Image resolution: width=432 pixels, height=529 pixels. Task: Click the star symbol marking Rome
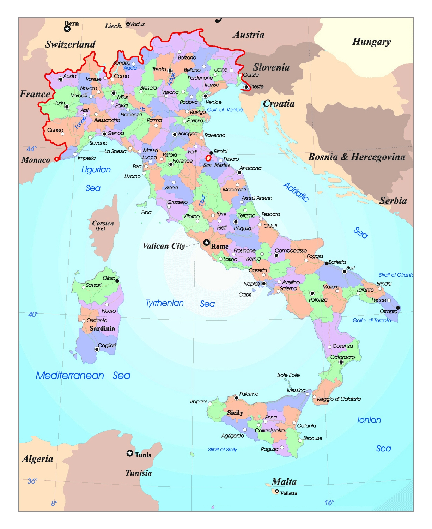pyautogui.click(x=206, y=243)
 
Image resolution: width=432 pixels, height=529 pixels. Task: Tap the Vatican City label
pyautogui.click(x=164, y=246)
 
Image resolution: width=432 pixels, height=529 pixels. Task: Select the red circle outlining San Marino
pyautogui.click(x=208, y=158)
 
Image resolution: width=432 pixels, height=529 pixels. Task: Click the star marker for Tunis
pyautogui.click(x=130, y=454)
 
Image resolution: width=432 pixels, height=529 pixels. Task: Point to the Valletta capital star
pyautogui.click(x=277, y=491)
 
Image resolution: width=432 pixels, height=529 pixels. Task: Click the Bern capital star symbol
pyautogui.click(x=67, y=29)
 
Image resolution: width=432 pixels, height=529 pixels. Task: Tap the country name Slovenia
pyautogui.click(x=271, y=67)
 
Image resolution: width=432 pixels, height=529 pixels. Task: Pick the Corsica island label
pyautogui.click(x=103, y=224)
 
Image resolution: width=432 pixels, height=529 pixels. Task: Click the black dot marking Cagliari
pyautogui.click(x=97, y=349)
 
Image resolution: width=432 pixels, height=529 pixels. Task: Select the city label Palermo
pyautogui.click(x=249, y=394)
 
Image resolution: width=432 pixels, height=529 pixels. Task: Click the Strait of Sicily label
pyautogui.click(x=223, y=450)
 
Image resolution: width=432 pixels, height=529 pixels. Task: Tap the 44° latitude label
pyautogui.click(x=32, y=149)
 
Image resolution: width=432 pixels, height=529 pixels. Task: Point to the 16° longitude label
pyautogui.click(x=329, y=503)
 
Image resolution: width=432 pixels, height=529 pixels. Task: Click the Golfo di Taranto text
pyautogui.click(x=372, y=321)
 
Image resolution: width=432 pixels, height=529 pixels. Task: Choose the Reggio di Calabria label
pyautogui.click(x=339, y=399)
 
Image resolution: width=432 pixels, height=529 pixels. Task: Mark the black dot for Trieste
pyautogui.click(x=246, y=87)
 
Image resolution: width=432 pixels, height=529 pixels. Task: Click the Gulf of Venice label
pyautogui.click(x=225, y=110)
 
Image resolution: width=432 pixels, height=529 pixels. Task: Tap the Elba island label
pyautogui.click(x=146, y=212)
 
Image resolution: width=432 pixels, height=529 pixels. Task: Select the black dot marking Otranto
pyautogui.click(x=398, y=308)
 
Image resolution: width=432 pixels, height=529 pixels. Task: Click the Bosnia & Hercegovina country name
pyautogui.click(x=357, y=157)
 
